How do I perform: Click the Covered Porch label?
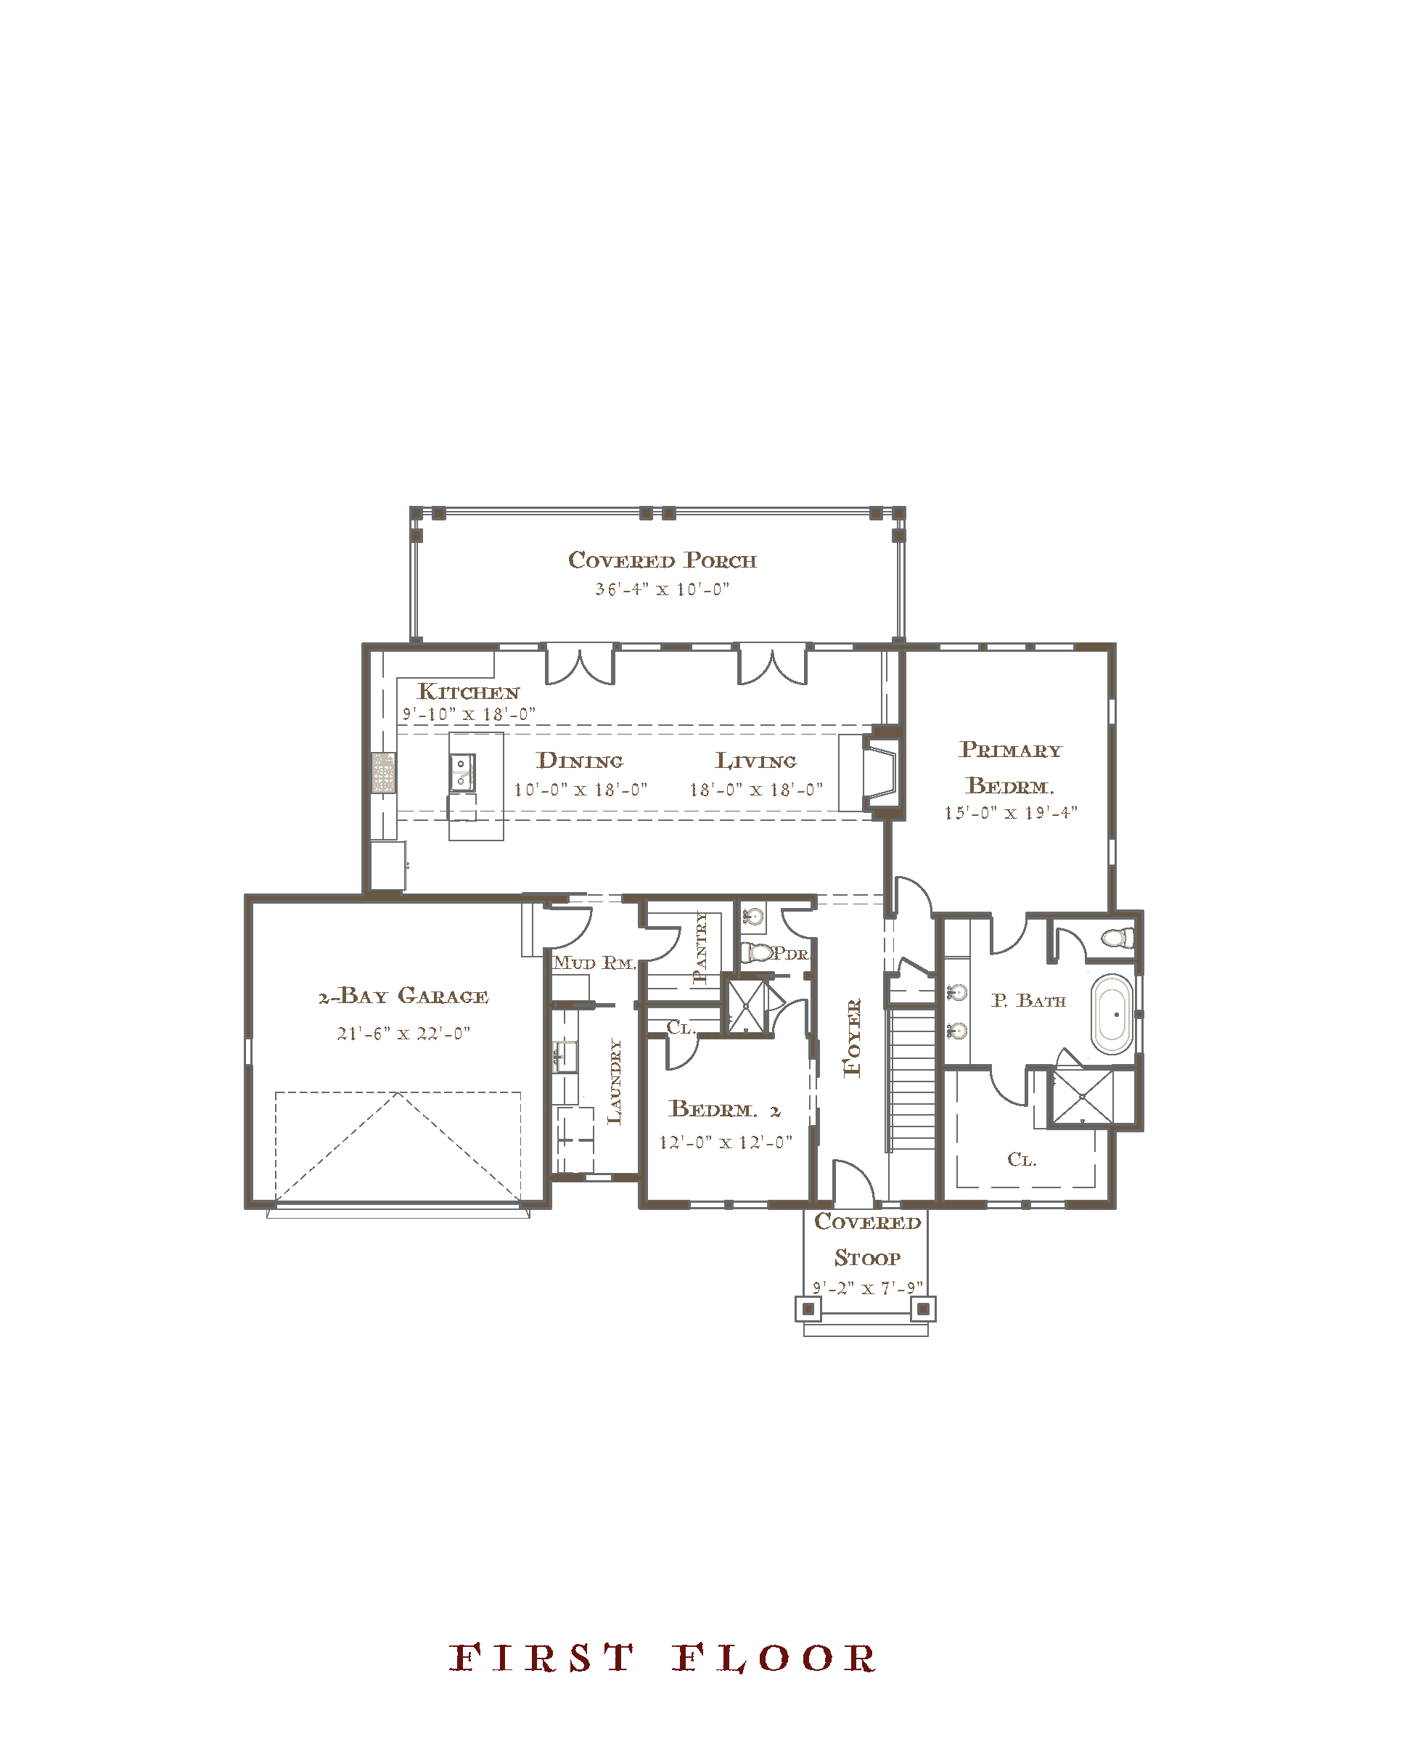pyautogui.click(x=662, y=560)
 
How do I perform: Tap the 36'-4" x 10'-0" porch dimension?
pyautogui.click(x=662, y=589)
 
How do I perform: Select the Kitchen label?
pyautogui.click(x=469, y=691)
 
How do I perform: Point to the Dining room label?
pyautogui.click(x=580, y=761)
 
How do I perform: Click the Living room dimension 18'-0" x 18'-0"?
pyautogui.click(x=755, y=789)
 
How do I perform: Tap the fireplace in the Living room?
pyautogui.click(x=881, y=771)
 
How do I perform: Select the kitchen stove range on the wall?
pyautogui.click(x=384, y=773)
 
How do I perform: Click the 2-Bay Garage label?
pyautogui.click(x=403, y=995)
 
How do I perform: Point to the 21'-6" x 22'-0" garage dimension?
pyautogui.click(x=403, y=1033)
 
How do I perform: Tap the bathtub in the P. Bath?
pyautogui.click(x=1112, y=1014)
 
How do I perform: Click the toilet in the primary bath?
pyautogui.click(x=1118, y=938)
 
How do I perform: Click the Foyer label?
pyautogui.click(x=852, y=1038)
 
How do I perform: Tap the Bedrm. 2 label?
pyautogui.click(x=725, y=1108)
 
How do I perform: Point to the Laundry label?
pyautogui.click(x=615, y=1081)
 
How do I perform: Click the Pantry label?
pyautogui.click(x=700, y=947)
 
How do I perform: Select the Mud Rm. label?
pyautogui.click(x=594, y=962)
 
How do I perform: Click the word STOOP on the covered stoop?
pyautogui.click(x=867, y=1258)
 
